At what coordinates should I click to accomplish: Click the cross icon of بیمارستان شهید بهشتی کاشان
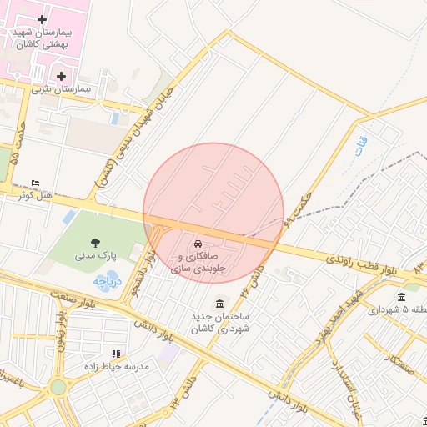coord(43,18)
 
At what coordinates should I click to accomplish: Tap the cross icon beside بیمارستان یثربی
coord(62,76)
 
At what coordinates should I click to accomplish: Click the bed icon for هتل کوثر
coord(34,183)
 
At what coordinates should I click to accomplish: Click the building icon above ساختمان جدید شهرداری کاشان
coord(219,303)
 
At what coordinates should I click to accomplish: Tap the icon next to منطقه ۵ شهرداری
coord(401,298)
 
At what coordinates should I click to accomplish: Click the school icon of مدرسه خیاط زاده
coord(116,354)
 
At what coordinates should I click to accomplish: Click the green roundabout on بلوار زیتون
coord(58,387)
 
